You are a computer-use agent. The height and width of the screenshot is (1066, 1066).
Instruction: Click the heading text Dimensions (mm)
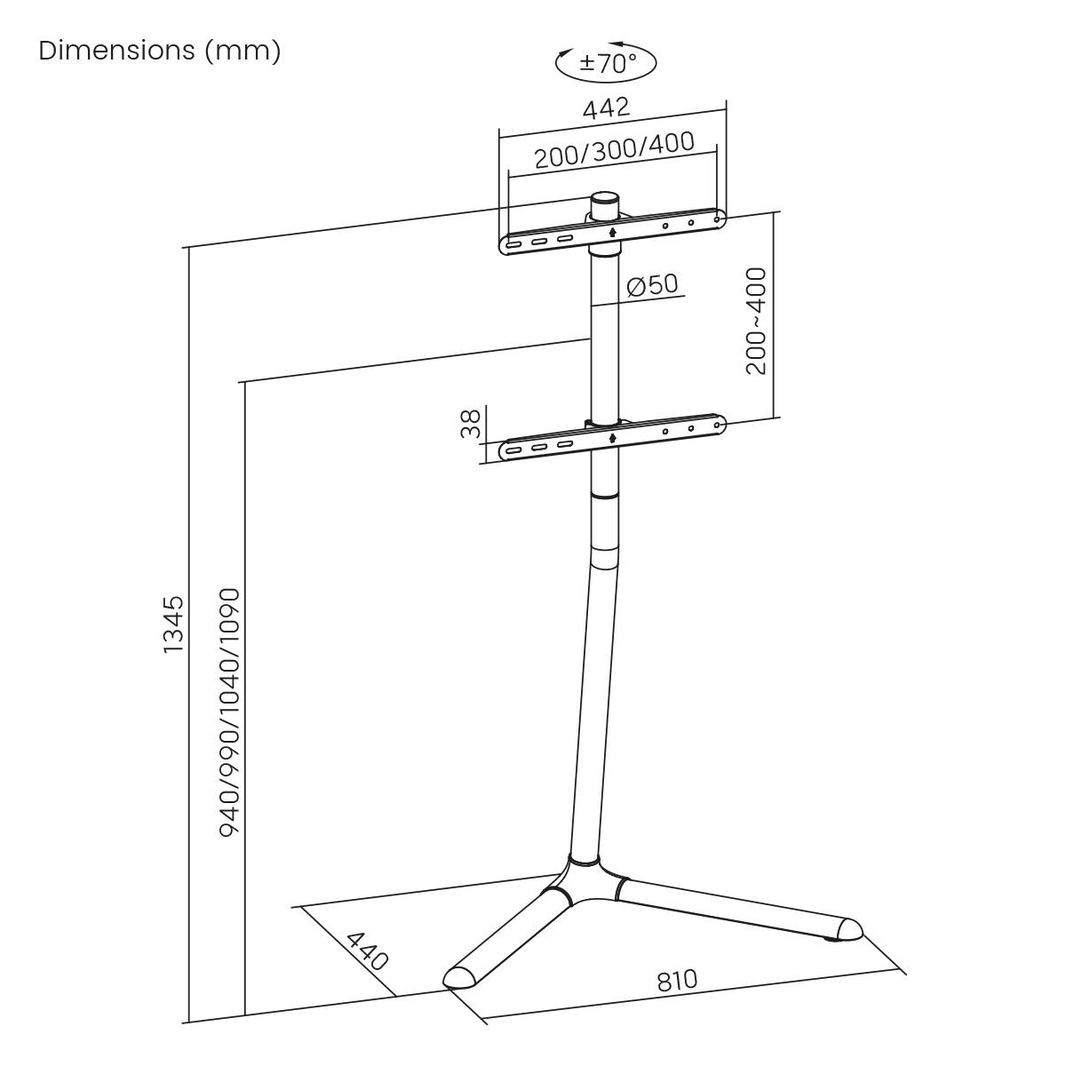(x=160, y=52)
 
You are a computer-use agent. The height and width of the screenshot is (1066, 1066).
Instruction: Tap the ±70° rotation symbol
(x=607, y=63)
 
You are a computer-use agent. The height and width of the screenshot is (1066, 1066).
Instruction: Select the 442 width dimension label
(x=606, y=108)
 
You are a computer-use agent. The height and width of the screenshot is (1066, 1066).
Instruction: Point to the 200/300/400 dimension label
(x=614, y=151)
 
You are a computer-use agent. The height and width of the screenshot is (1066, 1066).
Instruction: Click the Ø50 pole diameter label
(x=652, y=285)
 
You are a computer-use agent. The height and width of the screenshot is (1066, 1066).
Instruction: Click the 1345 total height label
(x=173, y=624)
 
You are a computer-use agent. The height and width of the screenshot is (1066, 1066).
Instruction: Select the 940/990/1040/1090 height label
(x=229, y=711)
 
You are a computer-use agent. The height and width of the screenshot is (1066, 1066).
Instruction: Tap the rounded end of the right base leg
(x=847, y=929)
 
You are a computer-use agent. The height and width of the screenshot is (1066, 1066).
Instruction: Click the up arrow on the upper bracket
(x=613, y=233)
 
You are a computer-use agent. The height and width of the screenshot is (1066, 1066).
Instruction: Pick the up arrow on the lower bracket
(x=613, y=437)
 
